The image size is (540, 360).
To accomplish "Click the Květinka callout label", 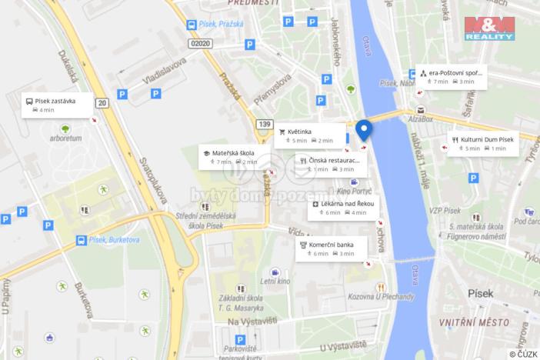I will [309, 135].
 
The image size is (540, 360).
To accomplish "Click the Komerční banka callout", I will [331, 248].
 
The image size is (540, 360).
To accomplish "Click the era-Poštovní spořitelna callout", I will [451, 77].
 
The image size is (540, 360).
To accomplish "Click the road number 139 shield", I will [265, 124].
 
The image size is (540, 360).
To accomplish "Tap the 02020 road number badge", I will [201, 44].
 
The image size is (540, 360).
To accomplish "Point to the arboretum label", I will [66, 138].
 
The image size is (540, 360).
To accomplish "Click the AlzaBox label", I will [421, 119].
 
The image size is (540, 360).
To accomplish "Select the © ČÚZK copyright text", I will [522, 353].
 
